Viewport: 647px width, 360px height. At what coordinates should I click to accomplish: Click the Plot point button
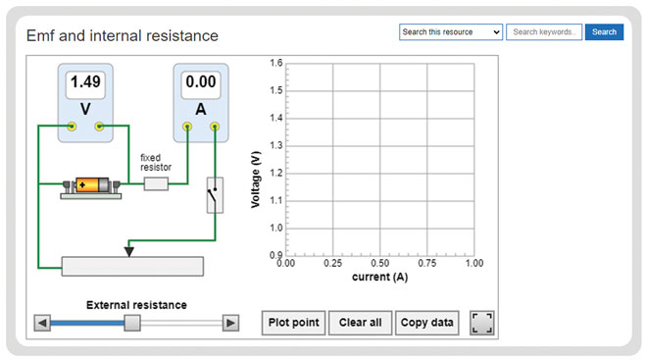tap(294, 323)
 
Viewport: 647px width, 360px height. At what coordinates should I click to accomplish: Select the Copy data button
tap(427, 323)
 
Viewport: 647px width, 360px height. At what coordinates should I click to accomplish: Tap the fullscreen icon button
tap(482, 323)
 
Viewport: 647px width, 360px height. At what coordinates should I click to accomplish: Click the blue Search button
tap(604, 32)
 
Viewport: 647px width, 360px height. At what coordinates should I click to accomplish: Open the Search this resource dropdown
tap(451, 32)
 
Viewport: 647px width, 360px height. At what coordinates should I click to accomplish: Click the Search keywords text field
tap(544, 32)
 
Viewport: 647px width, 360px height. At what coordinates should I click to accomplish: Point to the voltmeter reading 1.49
tap(85, 83)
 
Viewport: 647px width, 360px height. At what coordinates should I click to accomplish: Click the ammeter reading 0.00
tap(201, 83)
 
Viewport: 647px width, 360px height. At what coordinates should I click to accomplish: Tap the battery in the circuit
tap(91, 184)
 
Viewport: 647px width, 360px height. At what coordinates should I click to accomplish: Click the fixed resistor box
tap(156, 183)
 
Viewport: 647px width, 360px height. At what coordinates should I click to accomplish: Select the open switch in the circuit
tap(215, 196)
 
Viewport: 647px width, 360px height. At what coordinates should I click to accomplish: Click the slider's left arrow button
tap(42, 323)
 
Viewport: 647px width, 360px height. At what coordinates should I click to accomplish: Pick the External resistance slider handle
tap(131, 323)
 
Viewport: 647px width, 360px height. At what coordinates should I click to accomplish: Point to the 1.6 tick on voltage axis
tap(275, 63)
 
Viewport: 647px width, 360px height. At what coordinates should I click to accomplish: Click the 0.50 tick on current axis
tap(379, 263)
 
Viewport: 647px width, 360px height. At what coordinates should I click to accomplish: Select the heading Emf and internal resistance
tap(123, 36)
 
